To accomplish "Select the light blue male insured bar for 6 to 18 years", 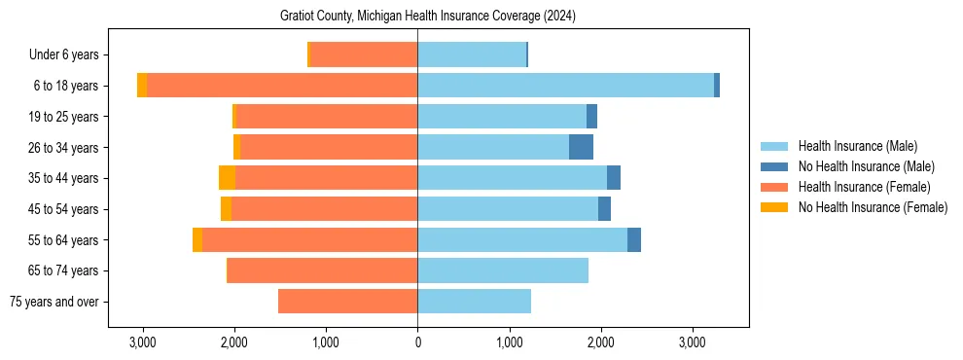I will point(565,86).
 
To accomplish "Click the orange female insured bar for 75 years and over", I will point(347,302).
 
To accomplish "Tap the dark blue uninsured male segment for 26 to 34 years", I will point(581,147).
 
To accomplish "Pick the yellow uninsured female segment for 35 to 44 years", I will point(227,178).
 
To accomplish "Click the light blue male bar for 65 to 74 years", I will point(503,270).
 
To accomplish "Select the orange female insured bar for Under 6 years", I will point(364,54).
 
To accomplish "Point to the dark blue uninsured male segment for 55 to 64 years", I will point(634,239).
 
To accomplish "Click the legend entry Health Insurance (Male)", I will point(852,146).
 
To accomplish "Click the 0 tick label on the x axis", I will point(417,342).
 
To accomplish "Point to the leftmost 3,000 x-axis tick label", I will point(143,342).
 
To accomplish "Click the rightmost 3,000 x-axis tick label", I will point(692,342).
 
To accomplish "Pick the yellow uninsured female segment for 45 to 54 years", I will point(226,209).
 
